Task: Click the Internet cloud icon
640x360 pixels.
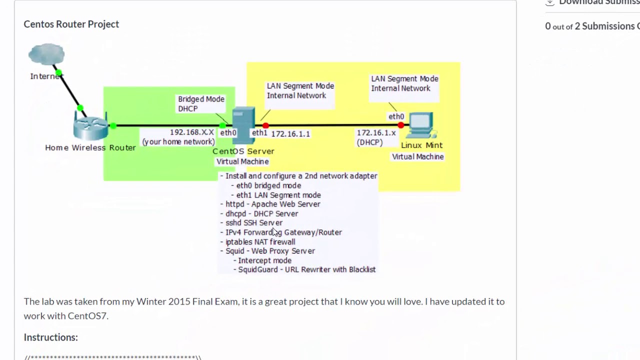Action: (x=46, y=54)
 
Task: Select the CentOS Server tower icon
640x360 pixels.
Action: (x=243, y=124)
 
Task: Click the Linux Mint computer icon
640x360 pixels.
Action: (x=420, y=125)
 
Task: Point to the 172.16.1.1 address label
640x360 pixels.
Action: (x=290, y=134)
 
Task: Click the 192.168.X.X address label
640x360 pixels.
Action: (x=192, y=132)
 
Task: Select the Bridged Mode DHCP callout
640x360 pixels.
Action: (x=201, y=104)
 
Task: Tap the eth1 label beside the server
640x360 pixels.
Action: (x=259, y=133)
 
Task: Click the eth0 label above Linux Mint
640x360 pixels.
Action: (x=396, y=116)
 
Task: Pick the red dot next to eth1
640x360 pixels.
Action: (x=265, y=125)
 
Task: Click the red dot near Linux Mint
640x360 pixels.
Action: (x=400, y=125)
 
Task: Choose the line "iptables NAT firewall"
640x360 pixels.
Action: (x=260, y=241)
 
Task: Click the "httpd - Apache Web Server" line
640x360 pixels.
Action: (x=272, y=204)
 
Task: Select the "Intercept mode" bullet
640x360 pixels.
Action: (x=264, y=260)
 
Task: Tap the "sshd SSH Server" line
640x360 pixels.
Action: (x=254, y=223)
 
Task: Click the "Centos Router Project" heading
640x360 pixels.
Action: (x=71, y=24)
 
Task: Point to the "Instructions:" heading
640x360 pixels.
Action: (x=51, y=337)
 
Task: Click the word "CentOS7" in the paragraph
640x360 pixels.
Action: (x=87, y=315)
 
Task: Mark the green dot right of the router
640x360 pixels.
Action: (x=113, y=125)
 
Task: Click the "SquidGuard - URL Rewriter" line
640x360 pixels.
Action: (x=306, y=269)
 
